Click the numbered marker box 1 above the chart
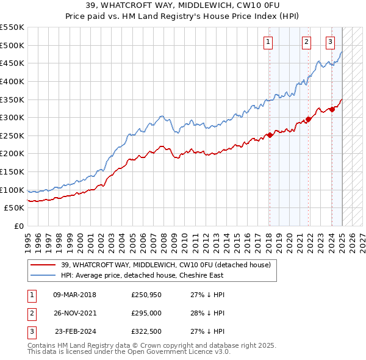tap(268, 42)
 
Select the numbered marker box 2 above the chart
tap(306, 42)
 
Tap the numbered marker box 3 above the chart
tap(330, 42)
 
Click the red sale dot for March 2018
tap(270, 135)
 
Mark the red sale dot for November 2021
tap(309, 119)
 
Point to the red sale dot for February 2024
tap(332, 109)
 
